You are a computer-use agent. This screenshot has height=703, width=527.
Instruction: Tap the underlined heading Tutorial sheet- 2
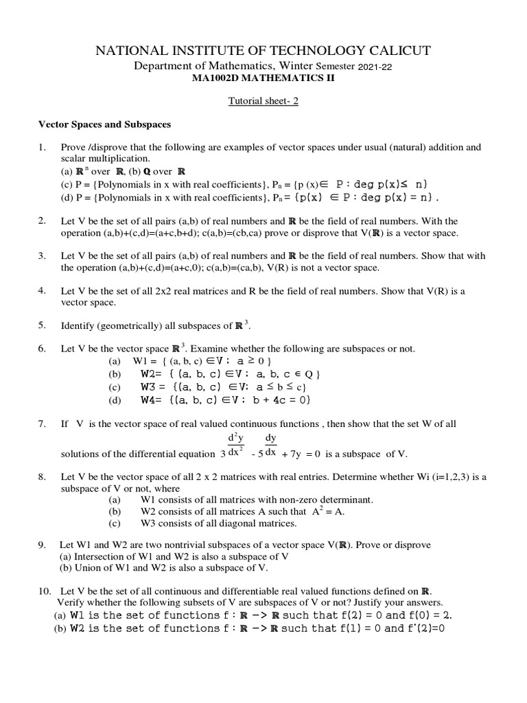point(263,101)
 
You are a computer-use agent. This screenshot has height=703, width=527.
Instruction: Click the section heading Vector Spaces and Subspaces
point(104,125)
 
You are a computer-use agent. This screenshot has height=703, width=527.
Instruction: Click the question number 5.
point(41,324)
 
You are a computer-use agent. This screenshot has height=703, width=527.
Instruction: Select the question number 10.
point(43,590)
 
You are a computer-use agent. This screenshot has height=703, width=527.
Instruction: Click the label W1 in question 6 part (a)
point(142,360)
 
